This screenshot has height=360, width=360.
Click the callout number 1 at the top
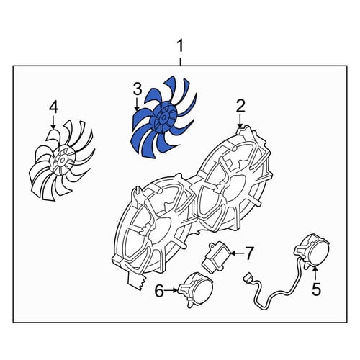(180, 46)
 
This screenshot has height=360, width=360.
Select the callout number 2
(240, 107)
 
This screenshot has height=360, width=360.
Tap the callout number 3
(138, 89)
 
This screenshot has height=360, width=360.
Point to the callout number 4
(53, 107)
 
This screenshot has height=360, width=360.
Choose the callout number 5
(316, 289)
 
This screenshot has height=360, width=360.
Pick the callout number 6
(159, 291)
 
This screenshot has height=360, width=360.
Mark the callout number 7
(248, 253)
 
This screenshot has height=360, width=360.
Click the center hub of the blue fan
(164, 118)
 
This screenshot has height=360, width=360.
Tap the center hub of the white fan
(63, 160)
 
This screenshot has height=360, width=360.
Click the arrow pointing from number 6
(171, 290)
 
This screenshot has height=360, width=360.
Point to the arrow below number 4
(53, 122)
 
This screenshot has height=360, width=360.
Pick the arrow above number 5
(316, 274)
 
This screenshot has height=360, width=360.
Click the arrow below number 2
(240, 121)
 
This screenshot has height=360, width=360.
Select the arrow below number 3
(137, 104)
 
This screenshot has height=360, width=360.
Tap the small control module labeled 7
(217, 258)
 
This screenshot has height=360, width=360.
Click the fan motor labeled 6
(196, 289)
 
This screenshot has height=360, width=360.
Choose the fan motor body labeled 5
(312, 250)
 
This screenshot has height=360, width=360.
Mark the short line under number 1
(180, 61)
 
